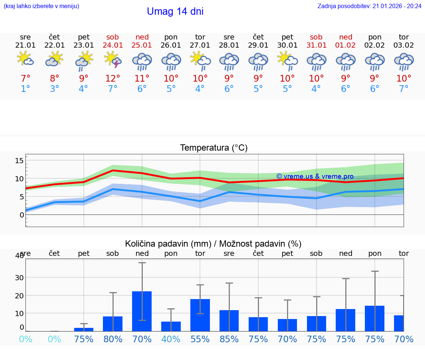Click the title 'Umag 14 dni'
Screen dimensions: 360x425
pos(175,11)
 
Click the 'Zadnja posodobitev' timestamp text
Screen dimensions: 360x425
pos(369,6)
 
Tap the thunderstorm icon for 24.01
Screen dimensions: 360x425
pos(113,60)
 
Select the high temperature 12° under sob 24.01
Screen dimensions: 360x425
pos(113,79)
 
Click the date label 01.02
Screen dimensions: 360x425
pos(346,45)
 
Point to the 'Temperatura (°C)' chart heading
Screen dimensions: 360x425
pos(214,148)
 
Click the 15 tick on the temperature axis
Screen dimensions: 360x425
pos(19,161)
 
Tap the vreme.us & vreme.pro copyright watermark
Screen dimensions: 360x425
pos(315,176)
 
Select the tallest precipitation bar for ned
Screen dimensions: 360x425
pos(142,311)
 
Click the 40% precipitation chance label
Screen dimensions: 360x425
pos(171,339)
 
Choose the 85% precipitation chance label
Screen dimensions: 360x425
pos(229,339)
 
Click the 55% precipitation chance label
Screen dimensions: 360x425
pos(200,339)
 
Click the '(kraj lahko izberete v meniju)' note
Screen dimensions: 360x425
pos(41,6)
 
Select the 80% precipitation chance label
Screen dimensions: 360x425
pos(113,339)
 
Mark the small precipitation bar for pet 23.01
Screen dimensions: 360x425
pos(84,329)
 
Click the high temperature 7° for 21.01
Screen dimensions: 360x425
pos(25,79)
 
